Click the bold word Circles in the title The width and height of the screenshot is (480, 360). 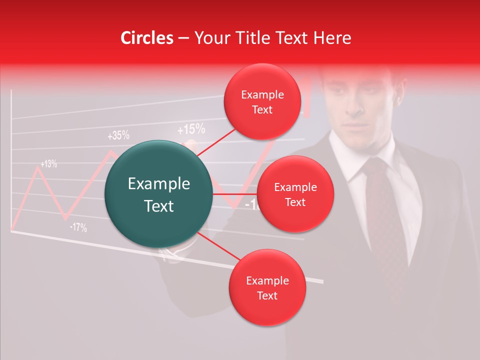tap(146, 38)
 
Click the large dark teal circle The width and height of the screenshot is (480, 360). tap(159, 194)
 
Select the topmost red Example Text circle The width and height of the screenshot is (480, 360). tap(262, 102)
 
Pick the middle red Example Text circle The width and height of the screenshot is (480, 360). tap(295, 194)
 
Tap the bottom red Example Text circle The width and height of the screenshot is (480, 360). tap(267, 288)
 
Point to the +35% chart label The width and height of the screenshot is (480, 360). tap(118, 135)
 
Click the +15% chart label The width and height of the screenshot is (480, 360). tap(191, 130)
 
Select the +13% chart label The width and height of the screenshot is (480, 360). tap(48, 163)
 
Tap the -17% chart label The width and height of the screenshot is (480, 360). tap(78, 227)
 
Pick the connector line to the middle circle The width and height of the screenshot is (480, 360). tap(235, 193)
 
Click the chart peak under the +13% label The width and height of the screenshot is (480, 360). tap(37, 168)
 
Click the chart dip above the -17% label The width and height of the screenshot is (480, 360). tap(65, 218)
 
